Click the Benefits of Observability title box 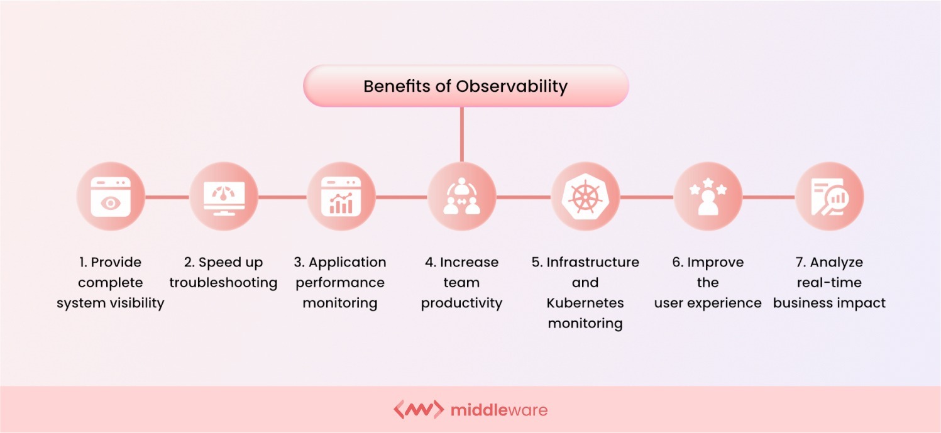(465, 86)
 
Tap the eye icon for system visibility (111, 196)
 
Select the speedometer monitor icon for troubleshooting (224, 196)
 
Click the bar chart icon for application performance (341, 196)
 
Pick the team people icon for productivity (461, 196)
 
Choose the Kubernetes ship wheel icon (585, 196)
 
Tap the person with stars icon (708, 196)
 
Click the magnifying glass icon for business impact (829, 196)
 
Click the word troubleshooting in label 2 (223, 283)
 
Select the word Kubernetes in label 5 (585, 303)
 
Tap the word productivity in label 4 (461, 303)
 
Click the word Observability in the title (512, 86)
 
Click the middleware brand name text (499, 410)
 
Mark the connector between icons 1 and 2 (167, 197)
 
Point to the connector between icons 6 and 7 (768, 197)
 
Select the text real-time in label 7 (829, 283)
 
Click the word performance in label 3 (340, 283)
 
